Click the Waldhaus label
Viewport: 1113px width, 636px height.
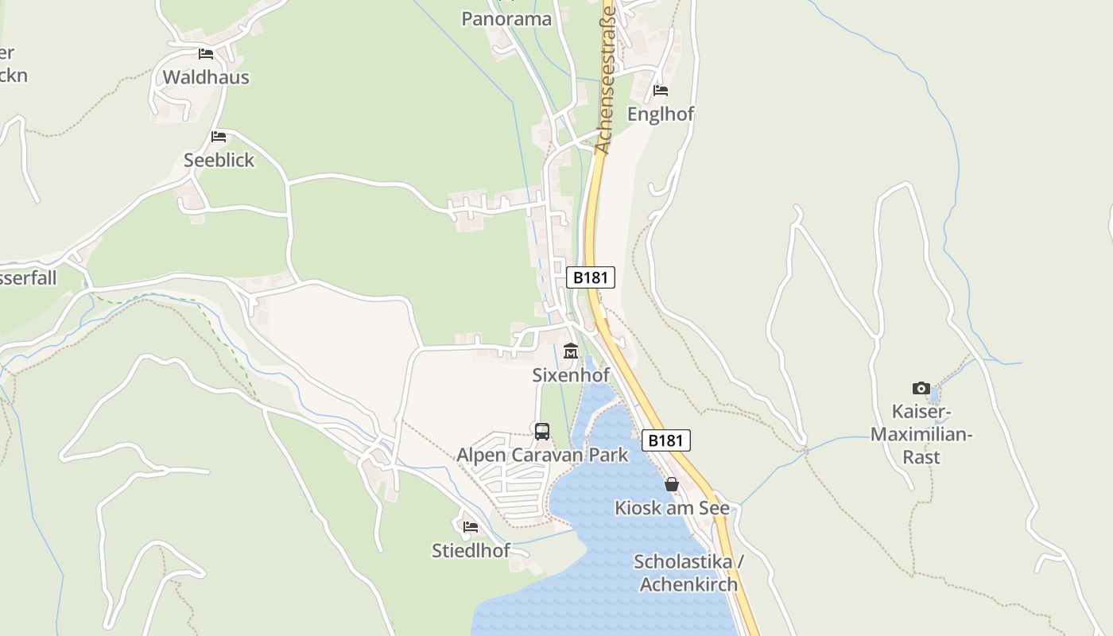point(206,77)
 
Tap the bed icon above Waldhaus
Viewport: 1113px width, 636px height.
point(206,54)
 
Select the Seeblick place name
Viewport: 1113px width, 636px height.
point(219,160)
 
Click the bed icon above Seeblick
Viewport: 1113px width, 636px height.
point(219,137)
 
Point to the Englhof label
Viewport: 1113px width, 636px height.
point(661,114)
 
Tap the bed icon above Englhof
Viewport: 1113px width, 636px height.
point(661,91)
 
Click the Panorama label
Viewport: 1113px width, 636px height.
point(506,19)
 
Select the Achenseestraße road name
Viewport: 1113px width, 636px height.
point(606,79)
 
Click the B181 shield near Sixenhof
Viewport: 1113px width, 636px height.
point(591,277)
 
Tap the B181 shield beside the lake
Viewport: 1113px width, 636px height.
point(666,440)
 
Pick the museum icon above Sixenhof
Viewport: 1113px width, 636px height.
point(571,351)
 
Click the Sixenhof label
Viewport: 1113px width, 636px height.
point(571,374)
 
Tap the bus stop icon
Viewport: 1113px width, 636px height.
point(542,432)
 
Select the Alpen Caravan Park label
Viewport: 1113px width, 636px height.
point(542,456)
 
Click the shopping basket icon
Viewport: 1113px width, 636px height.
point(672,484)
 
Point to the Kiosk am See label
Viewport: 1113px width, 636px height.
point(672,507)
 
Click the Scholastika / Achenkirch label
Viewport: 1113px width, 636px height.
point(688,573)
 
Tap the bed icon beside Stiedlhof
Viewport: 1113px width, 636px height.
point(471,527)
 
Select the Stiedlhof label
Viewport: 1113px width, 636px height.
point(471,550)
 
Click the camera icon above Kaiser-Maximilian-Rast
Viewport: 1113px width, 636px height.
point(921,389)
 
